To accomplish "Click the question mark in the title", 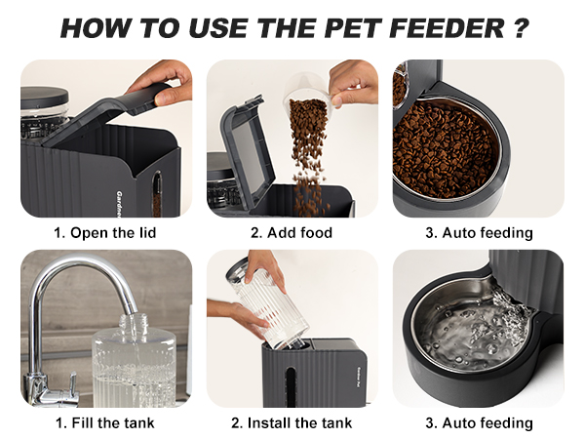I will (521, 27).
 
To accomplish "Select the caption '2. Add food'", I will (292, 233).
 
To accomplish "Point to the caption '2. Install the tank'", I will (292, 422).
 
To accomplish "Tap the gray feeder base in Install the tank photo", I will (313, 377).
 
